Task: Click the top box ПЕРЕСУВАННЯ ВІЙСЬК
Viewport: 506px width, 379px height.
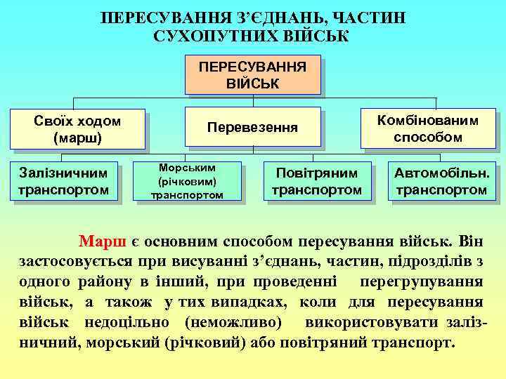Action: (x=252, y=76)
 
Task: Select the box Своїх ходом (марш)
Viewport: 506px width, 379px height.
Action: (x=77, y=129)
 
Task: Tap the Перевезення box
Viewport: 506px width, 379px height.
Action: (x=252, y=128)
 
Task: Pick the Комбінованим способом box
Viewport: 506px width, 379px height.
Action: (x=428, y=128)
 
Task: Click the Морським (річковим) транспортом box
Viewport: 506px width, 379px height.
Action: (x=187, y=182)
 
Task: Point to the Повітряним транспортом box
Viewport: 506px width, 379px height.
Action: (x=316, y=181)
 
